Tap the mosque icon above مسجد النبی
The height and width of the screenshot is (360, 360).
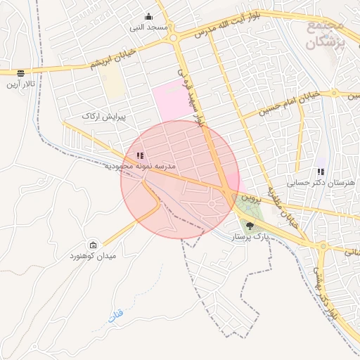click(148, 17)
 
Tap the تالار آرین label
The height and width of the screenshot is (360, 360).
click(21, 84)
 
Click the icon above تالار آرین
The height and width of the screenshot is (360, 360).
click(20, 72)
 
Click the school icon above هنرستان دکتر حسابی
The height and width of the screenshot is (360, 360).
click(321, 171)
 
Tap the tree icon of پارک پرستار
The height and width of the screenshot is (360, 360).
click(250, 226)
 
